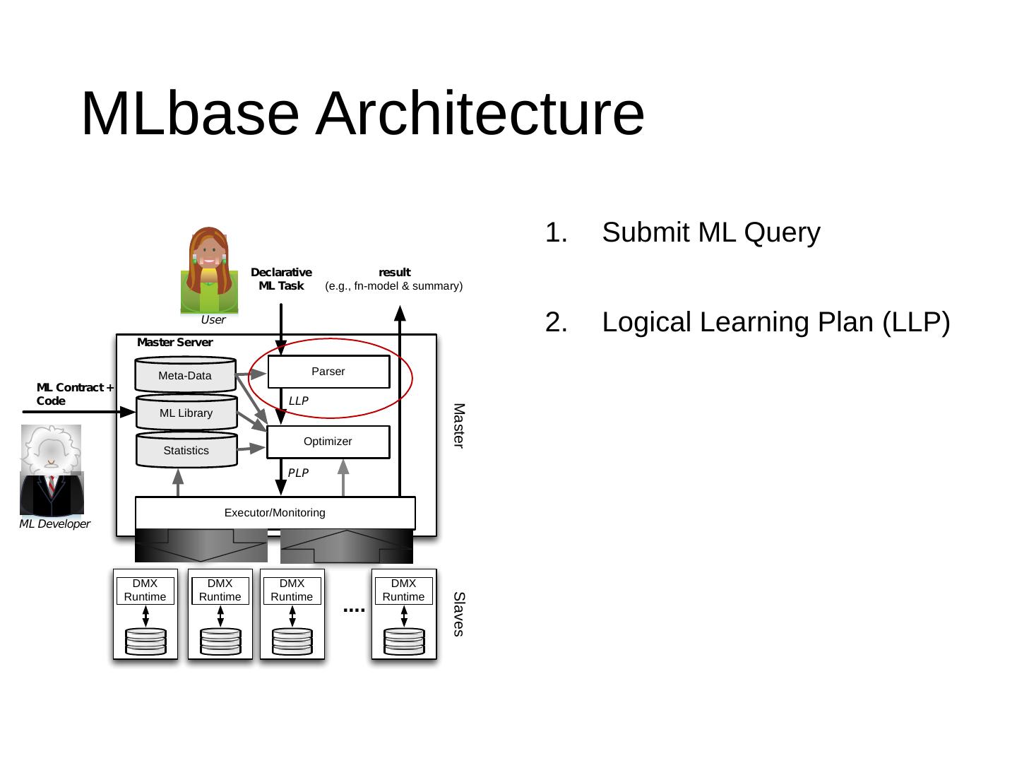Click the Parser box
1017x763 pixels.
point(328,372)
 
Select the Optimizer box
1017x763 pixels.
point(328,442)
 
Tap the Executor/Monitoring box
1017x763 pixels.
point(275,513)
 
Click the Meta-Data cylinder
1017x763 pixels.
point(185,375)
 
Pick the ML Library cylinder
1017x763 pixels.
point(186,413)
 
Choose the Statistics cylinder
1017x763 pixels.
point(186,451)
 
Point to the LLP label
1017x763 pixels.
point(299,401)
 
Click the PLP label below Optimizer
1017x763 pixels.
point(298,473)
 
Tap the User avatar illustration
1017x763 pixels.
point(209,270)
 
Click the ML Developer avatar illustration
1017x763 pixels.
point(52,470)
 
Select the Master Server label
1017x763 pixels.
point(174,343)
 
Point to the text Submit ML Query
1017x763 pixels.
point(710,232)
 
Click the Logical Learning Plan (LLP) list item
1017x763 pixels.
point(775,322)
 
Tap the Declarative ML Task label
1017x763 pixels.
point(281,279)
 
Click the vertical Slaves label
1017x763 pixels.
point(459,614)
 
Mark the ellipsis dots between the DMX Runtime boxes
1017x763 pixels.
point(354,609)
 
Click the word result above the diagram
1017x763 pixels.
point(394,272)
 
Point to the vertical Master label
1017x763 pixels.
point(459,425)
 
